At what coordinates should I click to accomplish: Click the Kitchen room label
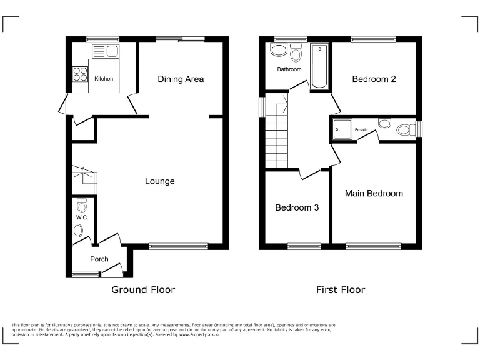[x=104, y=79]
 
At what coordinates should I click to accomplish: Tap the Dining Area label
[x=181, y=79]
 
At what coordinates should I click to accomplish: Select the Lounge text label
[x=159, y=181]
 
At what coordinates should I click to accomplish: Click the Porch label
[x=99, y=259]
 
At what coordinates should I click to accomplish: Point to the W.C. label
[x=82, y=217]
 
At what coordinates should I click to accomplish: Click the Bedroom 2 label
[x=374, y=79]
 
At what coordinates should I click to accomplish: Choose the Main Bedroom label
[x=374, y=194]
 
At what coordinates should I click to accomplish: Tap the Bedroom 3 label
[x=297, y=207]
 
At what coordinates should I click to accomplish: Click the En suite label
[x=361, y=129]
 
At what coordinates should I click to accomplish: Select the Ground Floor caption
[x=142, y=290]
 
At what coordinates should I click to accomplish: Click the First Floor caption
[x=340, y=290]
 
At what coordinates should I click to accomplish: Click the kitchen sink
[x=106, y=51]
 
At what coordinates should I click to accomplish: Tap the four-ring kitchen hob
[x=81, y=74]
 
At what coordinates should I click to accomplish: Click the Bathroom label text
[x=289, y=69]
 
